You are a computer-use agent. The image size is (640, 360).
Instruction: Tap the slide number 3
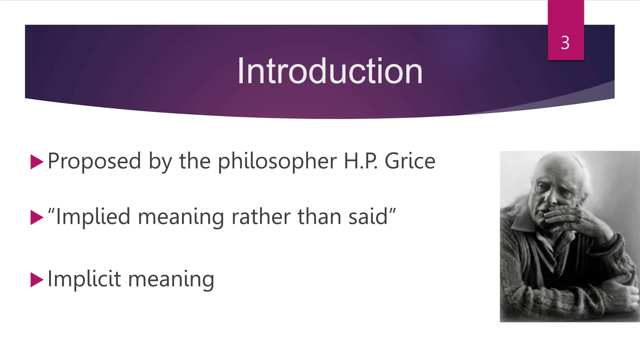[x=565, y=43]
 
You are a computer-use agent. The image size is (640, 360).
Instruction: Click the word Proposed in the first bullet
[x=94, y=161]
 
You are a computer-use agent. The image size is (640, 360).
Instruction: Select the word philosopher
[x=277, y=161]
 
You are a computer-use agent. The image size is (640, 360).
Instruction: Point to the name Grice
[x=410, y=161]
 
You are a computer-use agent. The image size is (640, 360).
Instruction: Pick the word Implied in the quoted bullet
[x=93, y=217]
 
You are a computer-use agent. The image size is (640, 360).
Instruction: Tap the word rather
[x=261, y=217]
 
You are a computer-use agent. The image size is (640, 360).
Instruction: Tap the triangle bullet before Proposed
[x=37, y=162]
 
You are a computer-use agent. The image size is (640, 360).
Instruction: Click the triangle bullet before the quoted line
[x=37, y=217]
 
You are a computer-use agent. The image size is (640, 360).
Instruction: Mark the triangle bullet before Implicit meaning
[x=37, y=279]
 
